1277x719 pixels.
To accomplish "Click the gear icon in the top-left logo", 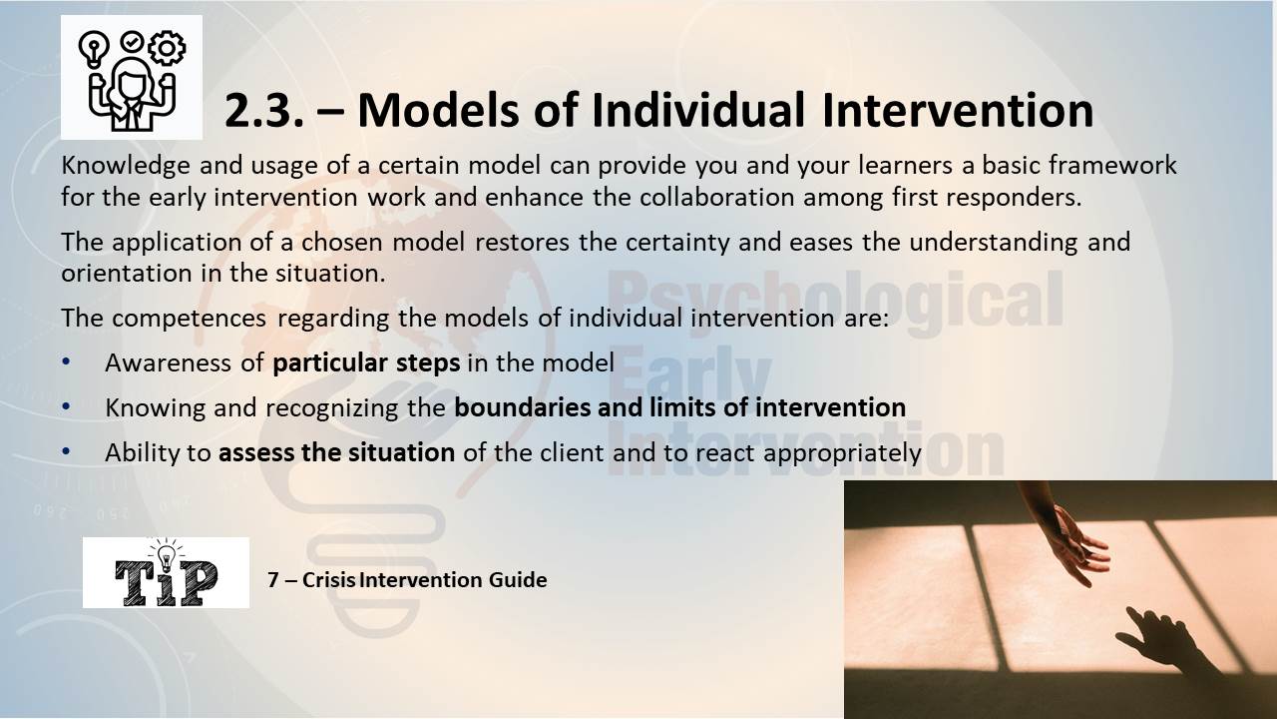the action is point(167,48).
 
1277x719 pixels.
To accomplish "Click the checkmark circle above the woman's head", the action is point(132,42).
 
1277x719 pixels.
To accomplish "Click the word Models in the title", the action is point(438,110).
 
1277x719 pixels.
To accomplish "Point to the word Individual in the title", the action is point(698,110).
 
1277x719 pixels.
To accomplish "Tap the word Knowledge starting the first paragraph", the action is point(126,166).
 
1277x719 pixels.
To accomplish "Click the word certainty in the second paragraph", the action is point(677,243).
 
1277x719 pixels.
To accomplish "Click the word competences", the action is point(189,319).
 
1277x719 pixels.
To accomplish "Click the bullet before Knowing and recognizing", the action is point(66,406).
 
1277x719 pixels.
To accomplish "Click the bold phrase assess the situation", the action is point(337,453).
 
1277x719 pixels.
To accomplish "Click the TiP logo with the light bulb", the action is point(166,572).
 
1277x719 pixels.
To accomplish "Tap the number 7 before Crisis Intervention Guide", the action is point(273,580).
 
